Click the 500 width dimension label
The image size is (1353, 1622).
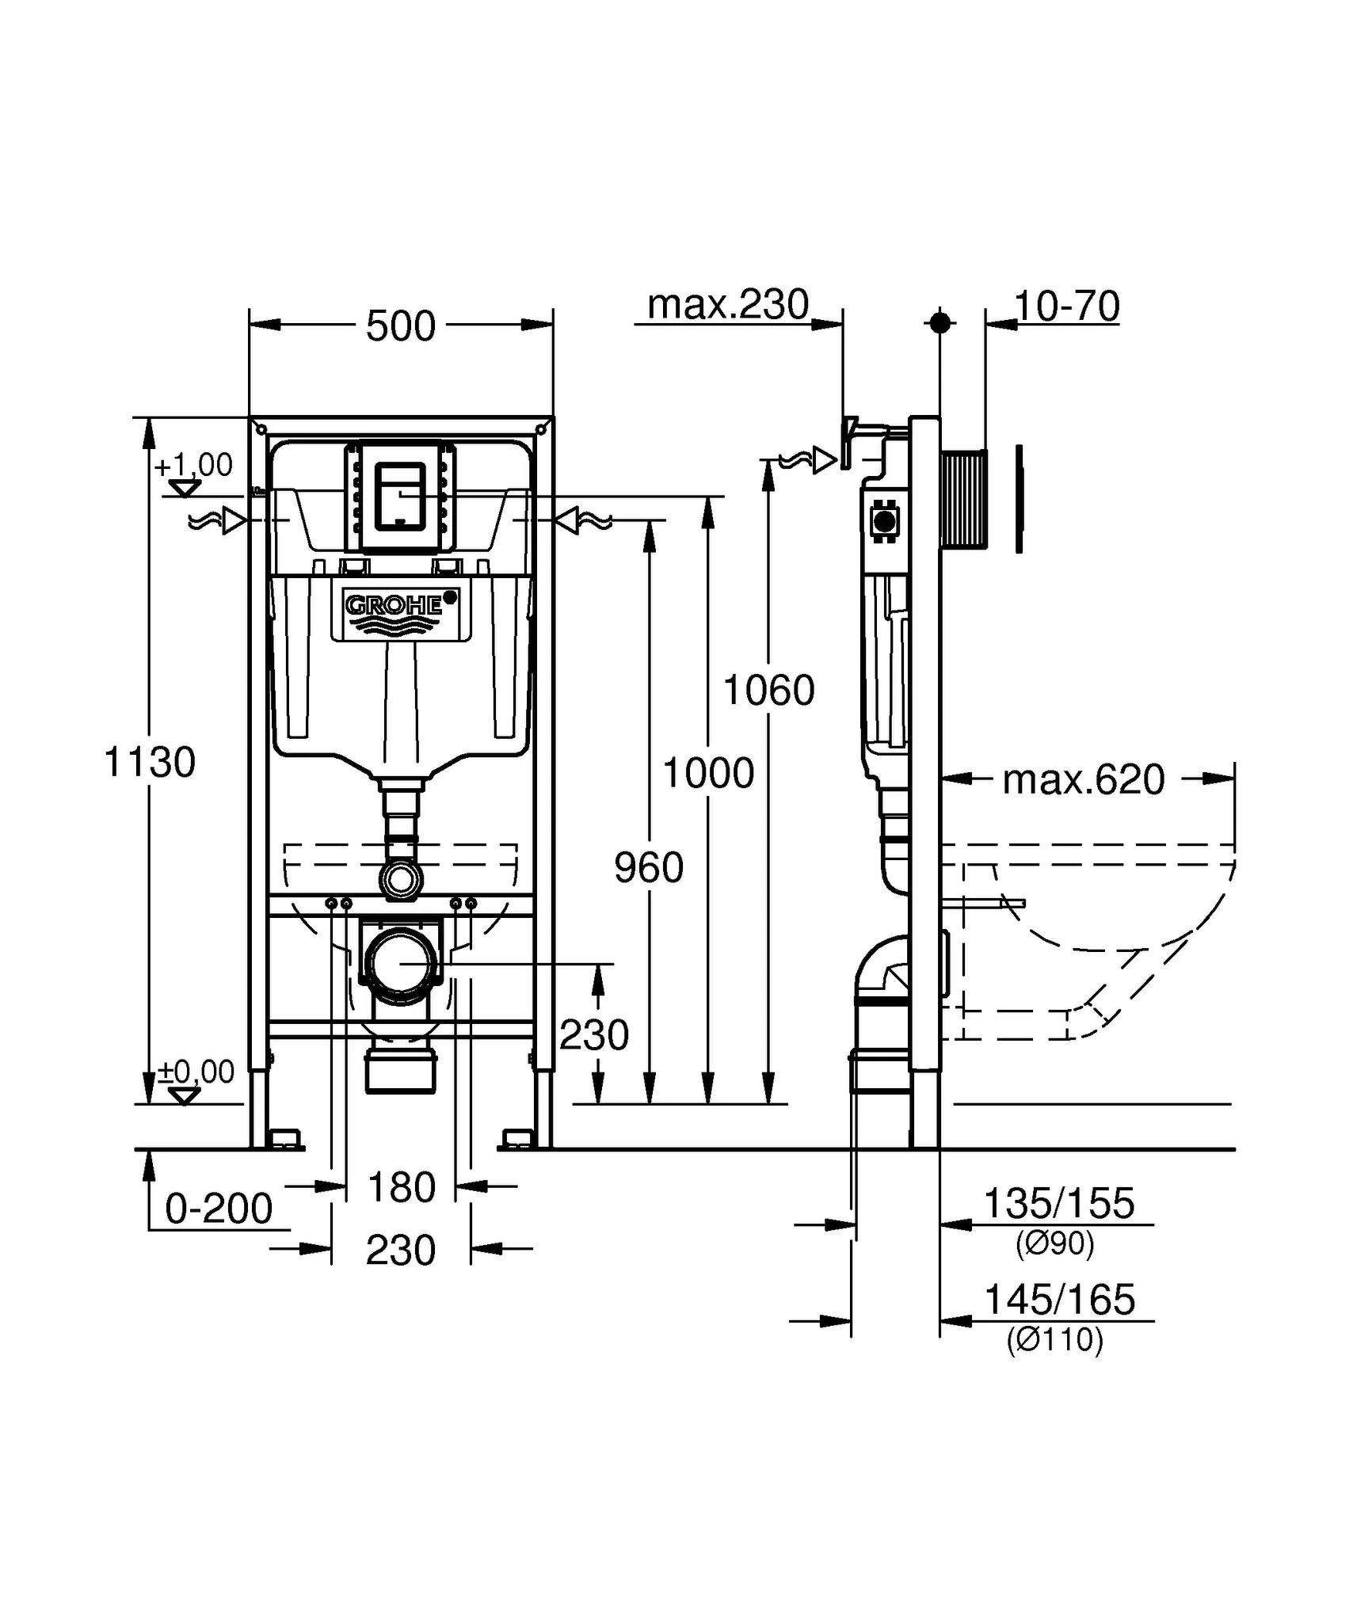tap(401, 326)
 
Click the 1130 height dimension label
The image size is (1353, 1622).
tap(150, 763)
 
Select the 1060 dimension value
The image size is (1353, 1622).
tap(768, 690)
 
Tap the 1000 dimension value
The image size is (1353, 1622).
tap(708, 773)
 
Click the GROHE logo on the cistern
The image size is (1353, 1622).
tap(394, 607)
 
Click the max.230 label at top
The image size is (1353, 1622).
tap(728, 305)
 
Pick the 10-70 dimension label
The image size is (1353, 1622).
tap(1067, 307)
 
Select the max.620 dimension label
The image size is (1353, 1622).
tap(1083, 780)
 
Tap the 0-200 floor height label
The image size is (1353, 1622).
tap(219, 1209)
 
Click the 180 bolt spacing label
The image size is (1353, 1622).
tap(402, 1187)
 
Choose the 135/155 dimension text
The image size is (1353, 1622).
tap(1058, 1204)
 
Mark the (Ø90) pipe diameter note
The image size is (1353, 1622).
tap(1054, 1243)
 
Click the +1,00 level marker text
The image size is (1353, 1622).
tap(193, 465)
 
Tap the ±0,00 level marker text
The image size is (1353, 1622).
tap(196, 1072)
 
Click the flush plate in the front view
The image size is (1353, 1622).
tap(401, 496)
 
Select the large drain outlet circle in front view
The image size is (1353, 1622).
tap(401, 964)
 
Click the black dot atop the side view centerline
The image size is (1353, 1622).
tap(939, 322)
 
